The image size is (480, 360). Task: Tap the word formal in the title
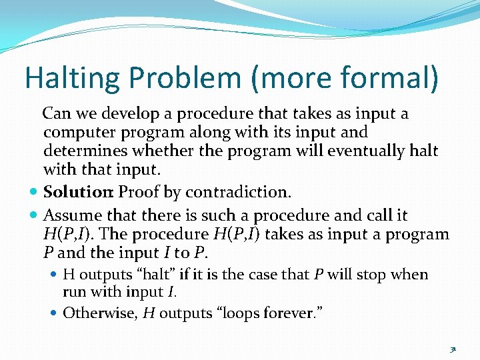pyautogui.click(x=391, y=78)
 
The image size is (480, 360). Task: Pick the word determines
pyautogui.click(x=81, y=151)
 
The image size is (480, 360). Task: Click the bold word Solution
pyautogui.click(x=78, y=193)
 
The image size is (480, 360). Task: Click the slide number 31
pyautogui.click(x=453, y=348)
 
